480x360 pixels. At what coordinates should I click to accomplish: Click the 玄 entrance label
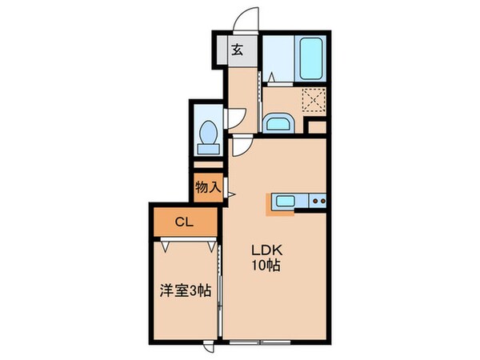[238, 49]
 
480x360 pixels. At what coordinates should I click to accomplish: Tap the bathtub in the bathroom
[310, 58]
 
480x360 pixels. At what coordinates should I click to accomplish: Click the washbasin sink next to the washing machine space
[278, 123]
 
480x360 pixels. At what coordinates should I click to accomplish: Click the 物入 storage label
[208, 187]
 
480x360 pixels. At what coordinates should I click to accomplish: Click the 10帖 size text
[269, 266]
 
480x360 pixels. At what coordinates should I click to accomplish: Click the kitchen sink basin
[286, 201]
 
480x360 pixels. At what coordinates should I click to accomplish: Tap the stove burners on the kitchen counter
[316, 200]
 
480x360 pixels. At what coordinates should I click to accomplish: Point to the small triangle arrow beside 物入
[229, 193]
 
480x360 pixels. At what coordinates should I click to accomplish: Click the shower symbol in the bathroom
[270, 77]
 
